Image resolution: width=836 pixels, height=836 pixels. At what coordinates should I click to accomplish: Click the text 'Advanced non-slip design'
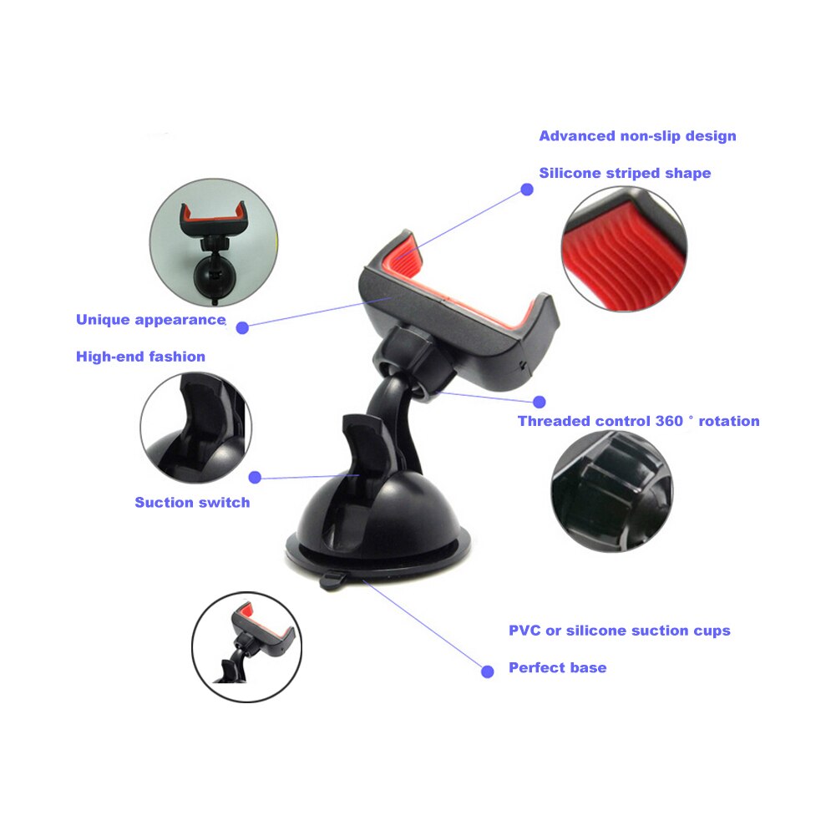click(637, 136)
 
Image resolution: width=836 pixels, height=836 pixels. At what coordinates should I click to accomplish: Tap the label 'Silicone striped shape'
click(625, 173)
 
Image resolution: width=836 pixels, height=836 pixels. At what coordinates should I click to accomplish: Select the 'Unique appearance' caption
click(151, 320)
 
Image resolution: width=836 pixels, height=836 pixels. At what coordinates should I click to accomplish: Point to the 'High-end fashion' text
click(140, 357)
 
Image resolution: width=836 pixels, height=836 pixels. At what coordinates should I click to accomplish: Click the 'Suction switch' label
click(192, 503)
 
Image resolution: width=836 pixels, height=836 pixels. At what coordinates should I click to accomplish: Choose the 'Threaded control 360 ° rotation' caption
click(638, 421)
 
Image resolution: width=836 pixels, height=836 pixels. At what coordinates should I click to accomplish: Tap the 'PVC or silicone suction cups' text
click(619, 631)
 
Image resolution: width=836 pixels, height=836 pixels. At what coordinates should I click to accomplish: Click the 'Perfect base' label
click(557, 668)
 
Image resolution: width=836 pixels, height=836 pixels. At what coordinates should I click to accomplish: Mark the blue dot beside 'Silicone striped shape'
click(527, 190)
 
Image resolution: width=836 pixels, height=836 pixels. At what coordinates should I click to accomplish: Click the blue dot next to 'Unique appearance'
click(242, 328)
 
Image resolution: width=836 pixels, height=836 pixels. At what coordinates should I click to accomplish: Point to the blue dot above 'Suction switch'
click(256, 478)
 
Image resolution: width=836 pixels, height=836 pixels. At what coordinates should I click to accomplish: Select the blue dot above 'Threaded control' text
click(540, 402)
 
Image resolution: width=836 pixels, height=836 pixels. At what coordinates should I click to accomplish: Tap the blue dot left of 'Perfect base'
click(488, 670)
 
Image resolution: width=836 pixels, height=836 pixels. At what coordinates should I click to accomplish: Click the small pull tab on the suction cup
click(332, 579)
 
